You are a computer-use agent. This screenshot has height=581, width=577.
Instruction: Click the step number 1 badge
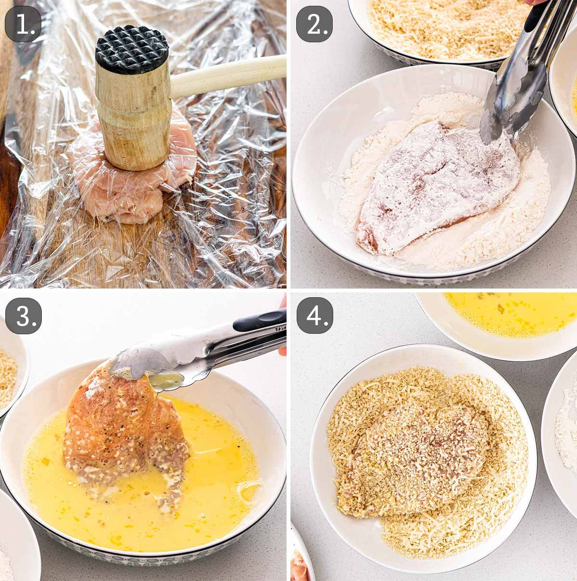[23, 24]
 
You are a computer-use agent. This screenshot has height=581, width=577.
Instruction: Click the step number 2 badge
[314, 24]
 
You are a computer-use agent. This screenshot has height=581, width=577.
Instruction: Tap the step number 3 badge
[23, 316]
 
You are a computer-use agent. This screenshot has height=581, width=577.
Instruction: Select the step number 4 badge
[315, 316]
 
